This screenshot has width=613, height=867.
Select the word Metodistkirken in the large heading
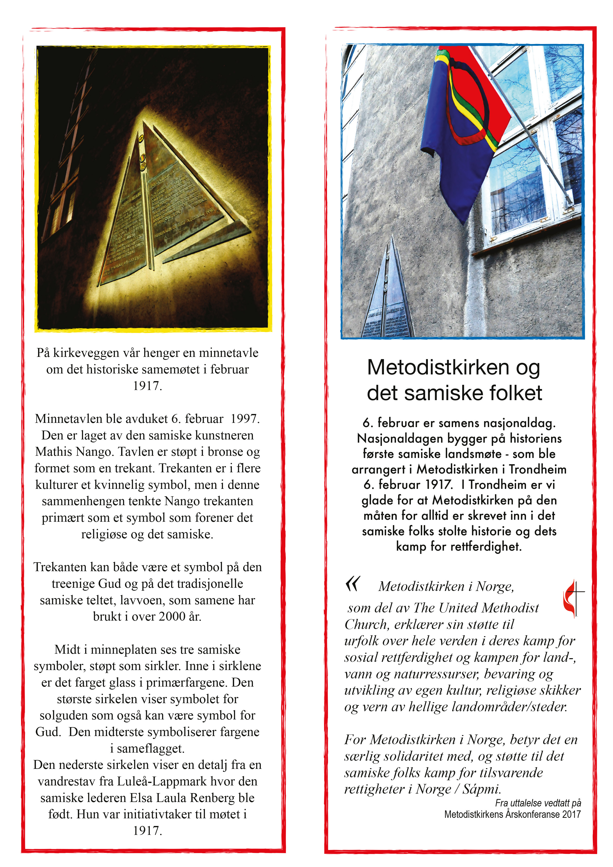point(438,367)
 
